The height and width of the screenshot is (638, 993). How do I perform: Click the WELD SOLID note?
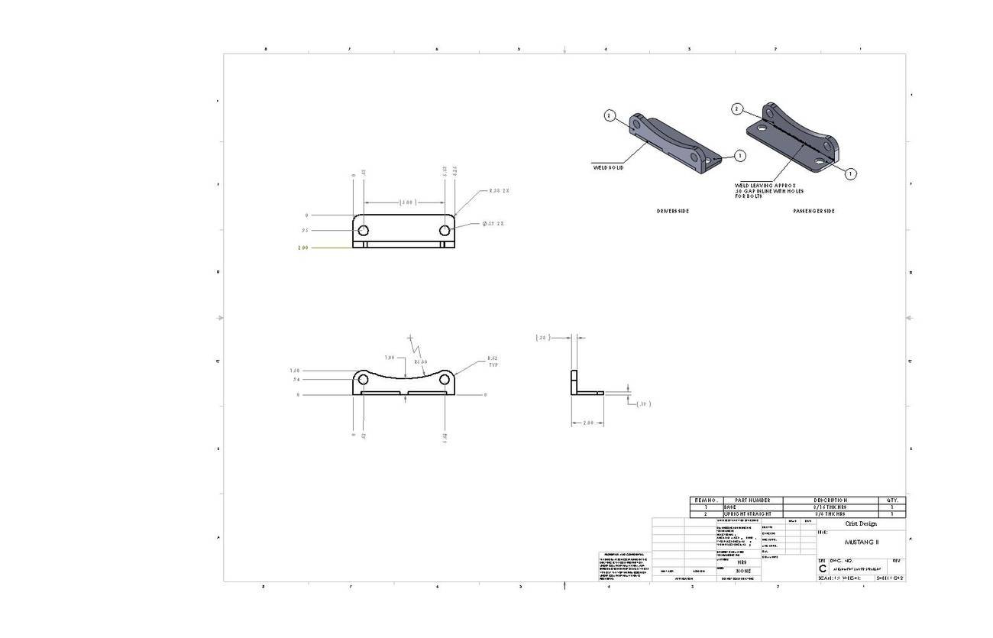(x=608, y=167)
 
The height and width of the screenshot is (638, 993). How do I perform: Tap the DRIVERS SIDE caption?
(x=672, y=211)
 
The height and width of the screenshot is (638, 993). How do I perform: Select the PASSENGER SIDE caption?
(x=813, y=211)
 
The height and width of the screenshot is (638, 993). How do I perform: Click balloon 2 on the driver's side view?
(x=610, y=115)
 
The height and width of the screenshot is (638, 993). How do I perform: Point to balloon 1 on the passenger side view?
(x=850, y=173)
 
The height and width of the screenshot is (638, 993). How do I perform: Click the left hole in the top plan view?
(x=363, y=230)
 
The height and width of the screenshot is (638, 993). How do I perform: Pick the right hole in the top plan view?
(x=445, y=230)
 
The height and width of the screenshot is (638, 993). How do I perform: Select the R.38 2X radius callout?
(x=499, y=191)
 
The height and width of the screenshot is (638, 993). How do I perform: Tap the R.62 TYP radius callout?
(x=493, y=361)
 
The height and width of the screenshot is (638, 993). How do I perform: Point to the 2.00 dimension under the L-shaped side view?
(x=588, y=423)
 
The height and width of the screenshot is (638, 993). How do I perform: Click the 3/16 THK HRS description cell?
(x=830, y=507)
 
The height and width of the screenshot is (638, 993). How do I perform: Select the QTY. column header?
(x=892, y=500)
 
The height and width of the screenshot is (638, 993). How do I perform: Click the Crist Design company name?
(x=861, y=523)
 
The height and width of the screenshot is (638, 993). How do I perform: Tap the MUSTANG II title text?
(x=862, y=542)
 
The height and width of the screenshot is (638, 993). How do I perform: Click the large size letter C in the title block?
(x=823, y=569)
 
